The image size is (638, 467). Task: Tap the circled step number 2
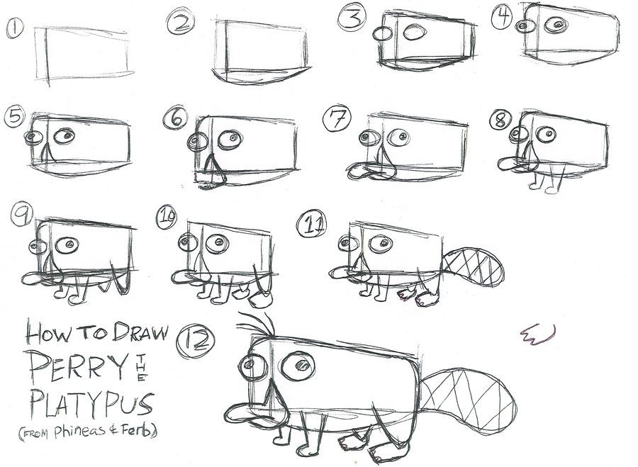click(177, 23)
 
